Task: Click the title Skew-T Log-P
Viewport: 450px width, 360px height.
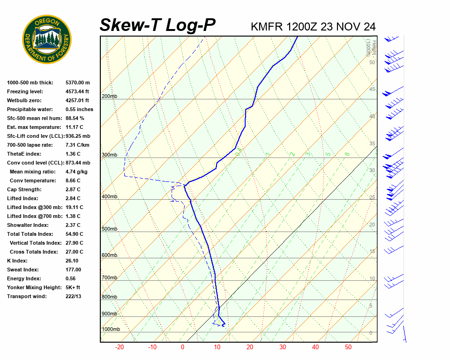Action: [x=157, y=25]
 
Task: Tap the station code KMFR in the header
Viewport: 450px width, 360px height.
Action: [x=267, y=27]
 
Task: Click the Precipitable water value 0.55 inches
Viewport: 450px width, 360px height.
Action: [x=79, y=109]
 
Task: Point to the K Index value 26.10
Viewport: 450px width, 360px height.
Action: [x=72, y=261]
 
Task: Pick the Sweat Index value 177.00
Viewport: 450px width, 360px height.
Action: [x=73, y=270]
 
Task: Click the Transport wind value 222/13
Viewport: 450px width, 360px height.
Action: [x=73, y=296]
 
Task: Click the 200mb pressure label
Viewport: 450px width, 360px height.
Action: [x=109, y=97]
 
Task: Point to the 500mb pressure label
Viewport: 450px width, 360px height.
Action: [x=109, y=229]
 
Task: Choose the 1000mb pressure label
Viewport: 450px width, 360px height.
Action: [x=111, y=330]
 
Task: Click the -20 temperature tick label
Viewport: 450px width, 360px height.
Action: [x=120, y=347]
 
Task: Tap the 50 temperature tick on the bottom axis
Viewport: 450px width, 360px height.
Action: [x=348, y=347]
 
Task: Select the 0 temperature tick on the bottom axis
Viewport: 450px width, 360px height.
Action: [x=182, y=347]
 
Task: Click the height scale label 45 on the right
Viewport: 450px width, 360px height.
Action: [x=372, y=89]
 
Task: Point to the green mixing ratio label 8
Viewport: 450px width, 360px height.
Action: [x=347, y=154]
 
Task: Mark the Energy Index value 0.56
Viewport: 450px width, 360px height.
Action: [x=70, y=278]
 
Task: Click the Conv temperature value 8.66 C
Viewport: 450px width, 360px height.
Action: [x=73, y=180]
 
